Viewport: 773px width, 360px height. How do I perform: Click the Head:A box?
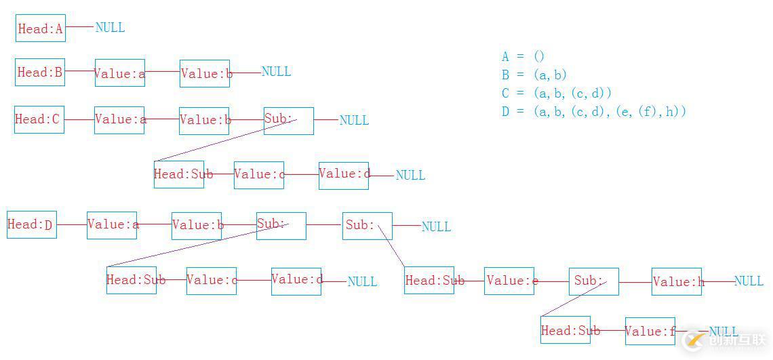pyautogui.click(x=41, y=28)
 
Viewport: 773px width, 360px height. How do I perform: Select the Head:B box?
pyautogui.click(x=40, y=72)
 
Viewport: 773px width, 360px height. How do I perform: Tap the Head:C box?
pyautogui.click(x=39, y=119)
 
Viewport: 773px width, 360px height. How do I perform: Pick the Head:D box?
pyautogui.click(x=32, y=224)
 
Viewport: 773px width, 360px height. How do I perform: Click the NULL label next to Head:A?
pyautogui.click(x=110, y=28)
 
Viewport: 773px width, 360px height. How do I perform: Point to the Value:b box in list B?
pyautogui.click(x=205, y=73)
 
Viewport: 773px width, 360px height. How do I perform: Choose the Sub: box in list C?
pyautogui.click(x=289, y=121)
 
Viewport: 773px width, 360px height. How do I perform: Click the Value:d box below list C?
pyautogui.click(x=344, y=175)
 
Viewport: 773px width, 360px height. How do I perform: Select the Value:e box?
pyautogui.click(x=509, y=281)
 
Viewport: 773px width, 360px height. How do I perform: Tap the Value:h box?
pyautogui.click(x=677, y=281)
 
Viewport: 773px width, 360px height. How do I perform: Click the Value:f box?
pyautogui.click(x=650, y=331)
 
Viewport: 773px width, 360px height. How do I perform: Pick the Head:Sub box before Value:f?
pyautogui.click(x=566, y=330)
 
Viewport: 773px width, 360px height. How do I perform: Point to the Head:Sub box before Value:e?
pyautogui.click(x=429, y=280)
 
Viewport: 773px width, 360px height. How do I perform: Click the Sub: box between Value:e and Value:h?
pyautogui.click(x=594, y=281)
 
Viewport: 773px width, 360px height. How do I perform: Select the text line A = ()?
pyautogui.click(x=523, y=57)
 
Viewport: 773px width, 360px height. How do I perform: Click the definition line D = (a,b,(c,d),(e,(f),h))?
pyautogui.click(x=594, y=112)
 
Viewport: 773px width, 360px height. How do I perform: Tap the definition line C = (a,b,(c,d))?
pyautogui.click(x=557, y=94)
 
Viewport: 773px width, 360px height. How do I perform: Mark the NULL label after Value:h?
pyautogui.click(x=749, y=281)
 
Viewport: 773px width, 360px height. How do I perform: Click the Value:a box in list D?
pyautogui.click(x=112, y=225)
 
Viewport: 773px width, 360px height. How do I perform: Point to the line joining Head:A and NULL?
pyautogui.click(x=80, y=27)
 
